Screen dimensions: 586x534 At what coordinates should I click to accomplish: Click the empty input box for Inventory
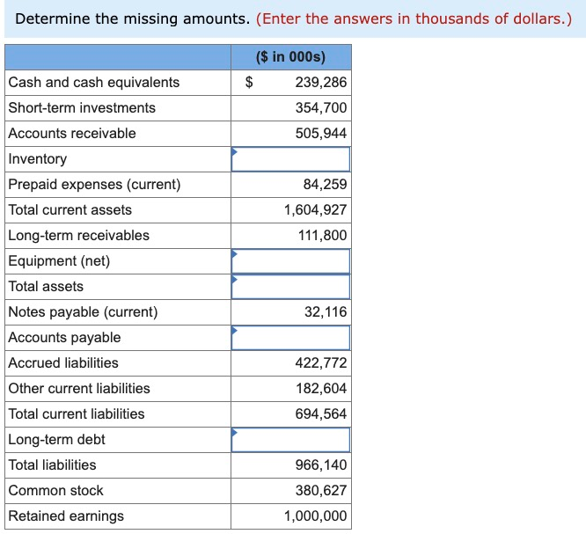tap(291, 159)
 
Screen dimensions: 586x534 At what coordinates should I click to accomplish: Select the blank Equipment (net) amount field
tap(291, 261)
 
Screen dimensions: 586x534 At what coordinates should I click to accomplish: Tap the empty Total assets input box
tap(291, 287)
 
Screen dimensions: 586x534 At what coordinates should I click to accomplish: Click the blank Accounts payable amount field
tap(291, 338)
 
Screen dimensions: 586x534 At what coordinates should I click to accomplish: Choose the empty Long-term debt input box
tap(291, 440)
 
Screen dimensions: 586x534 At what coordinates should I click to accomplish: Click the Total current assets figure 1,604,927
tap(315, 210)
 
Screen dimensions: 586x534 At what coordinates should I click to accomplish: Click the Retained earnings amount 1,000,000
tap(315, 516)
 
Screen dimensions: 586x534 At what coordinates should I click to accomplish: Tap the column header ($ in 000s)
tap(290, 57)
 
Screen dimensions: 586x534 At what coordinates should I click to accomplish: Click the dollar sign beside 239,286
tap(249, 83)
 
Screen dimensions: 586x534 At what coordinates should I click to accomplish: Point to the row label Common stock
tap(55, 491)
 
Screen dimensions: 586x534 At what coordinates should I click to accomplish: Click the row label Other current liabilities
tap(79, 389)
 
